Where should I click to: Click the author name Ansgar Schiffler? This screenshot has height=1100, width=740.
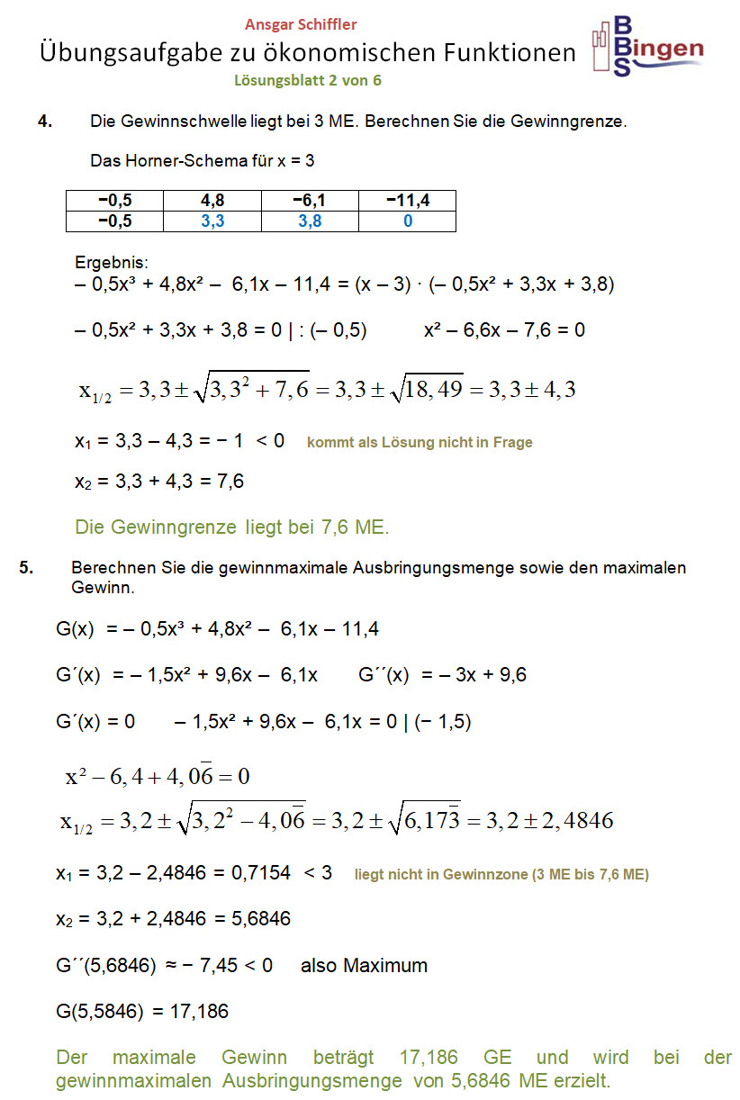pos(301,25)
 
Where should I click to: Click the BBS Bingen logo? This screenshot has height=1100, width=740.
pos(647,46)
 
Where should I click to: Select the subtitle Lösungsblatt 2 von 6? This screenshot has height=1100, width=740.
pos(308,80)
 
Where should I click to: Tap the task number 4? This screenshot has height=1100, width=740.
pos(45,121)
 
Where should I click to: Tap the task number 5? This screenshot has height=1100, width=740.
pos(26,567)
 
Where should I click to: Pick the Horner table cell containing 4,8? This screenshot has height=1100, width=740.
pos(212,201)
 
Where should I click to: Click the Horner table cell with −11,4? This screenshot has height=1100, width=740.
pos(407,201)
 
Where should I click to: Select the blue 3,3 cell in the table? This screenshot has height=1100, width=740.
pos(212,221)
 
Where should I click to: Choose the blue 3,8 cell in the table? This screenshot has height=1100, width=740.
pos(310,221)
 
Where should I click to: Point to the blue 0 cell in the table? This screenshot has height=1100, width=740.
pos(407,221)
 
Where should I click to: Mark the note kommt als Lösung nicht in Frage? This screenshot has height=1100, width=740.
pos(420,442)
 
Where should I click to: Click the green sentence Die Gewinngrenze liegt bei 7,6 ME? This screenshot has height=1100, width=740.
pos(232,527)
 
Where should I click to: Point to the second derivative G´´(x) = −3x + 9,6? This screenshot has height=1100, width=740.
pos(442,674)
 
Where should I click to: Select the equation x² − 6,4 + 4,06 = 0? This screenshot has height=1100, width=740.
pos(157,775)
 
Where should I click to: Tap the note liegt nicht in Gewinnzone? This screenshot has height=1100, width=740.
pos(501,873)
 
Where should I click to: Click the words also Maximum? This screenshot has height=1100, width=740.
pos(364,966)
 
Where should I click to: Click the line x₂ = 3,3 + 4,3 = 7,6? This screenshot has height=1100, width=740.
pos(159,482)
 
